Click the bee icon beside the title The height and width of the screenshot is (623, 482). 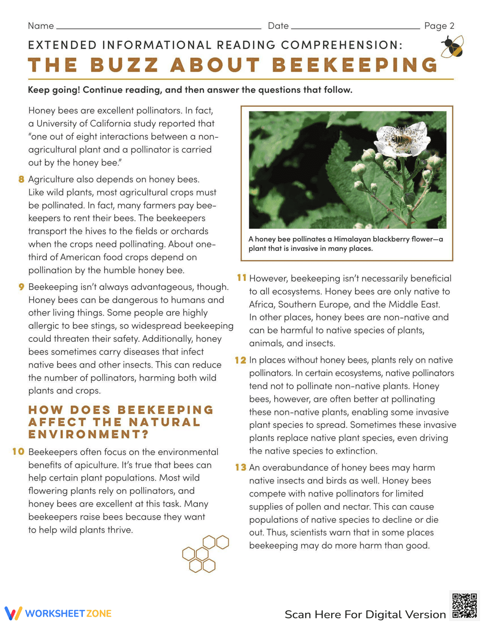[452, 47]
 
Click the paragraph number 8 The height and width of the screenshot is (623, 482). [21, 180]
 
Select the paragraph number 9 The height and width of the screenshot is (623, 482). [21, 287]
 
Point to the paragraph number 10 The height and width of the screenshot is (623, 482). [18, 452]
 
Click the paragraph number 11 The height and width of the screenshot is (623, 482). [241, 278]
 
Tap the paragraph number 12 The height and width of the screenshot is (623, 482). [241, 360]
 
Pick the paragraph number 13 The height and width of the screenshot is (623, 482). [241, 467]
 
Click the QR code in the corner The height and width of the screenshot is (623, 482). [465, 606]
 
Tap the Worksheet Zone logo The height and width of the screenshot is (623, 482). [58, 613]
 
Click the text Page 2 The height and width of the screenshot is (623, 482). [439, 26]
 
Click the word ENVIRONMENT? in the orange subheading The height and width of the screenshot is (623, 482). [88, 434]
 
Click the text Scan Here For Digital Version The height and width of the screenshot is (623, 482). [365, 614]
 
